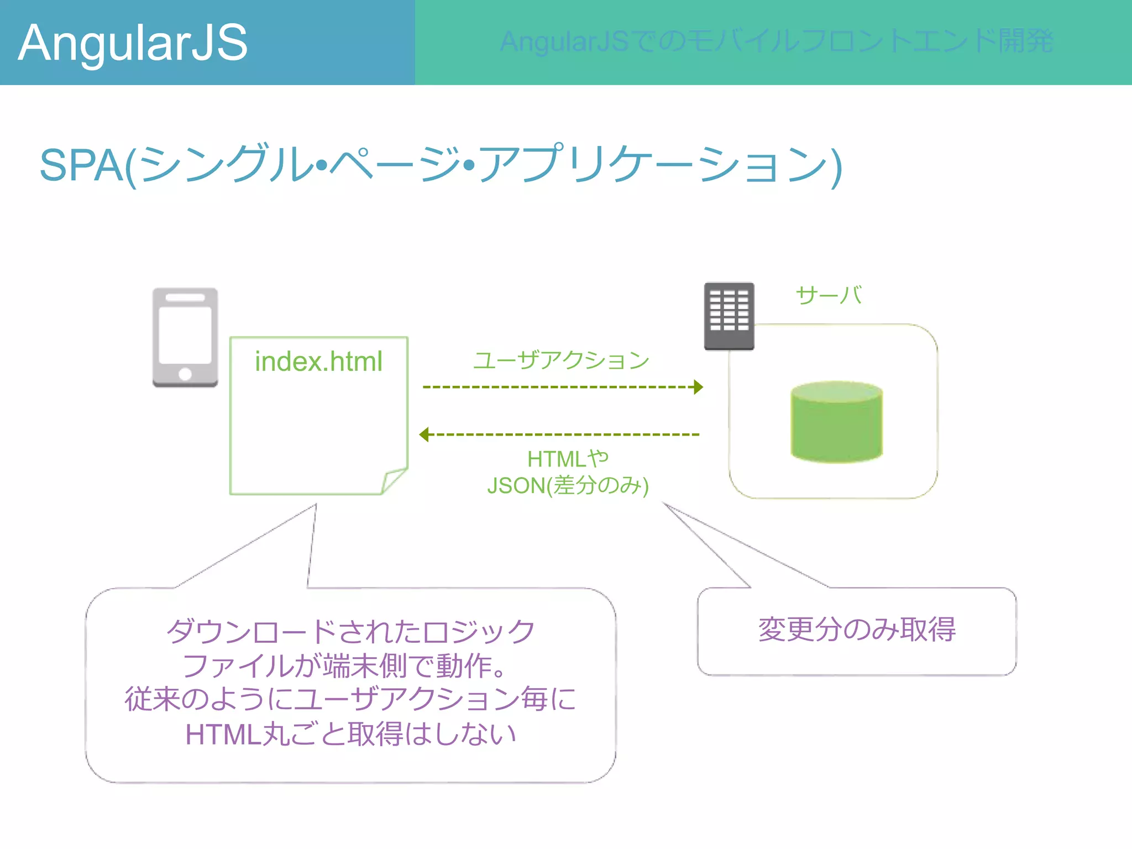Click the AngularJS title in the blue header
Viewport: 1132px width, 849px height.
click(x=133, y=43)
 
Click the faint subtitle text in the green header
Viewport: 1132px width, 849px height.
click(x=776, y=41)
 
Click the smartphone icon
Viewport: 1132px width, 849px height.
click(x=185, y=337)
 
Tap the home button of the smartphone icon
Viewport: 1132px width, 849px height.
click(x=185, y=374)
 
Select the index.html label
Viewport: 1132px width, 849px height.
click(x=318, y=361)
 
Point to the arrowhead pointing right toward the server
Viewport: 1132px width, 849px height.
click(x=699, y=387)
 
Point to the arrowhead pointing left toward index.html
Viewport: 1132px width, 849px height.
click(x=424, y=435)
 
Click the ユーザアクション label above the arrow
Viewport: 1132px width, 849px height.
click(x=561, y=360)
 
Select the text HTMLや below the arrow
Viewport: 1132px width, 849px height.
click(x=568, y=459)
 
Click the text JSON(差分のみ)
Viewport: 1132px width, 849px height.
click(x=568, y=485)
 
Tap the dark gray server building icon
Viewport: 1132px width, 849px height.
click(x=729, y=315)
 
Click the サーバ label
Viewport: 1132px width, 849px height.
click(x=828, y=295)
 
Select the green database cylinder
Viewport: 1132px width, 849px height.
click(x=836, y=422)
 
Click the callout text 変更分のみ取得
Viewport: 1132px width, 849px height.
click(x=857, y=630)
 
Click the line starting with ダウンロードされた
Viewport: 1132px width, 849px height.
click(x=350, y=631)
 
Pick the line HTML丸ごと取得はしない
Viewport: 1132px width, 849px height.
click(x=350, y=735)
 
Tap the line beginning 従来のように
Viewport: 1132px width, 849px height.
click(x=350, y=699)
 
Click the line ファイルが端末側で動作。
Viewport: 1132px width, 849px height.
click(x=345, y=665)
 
